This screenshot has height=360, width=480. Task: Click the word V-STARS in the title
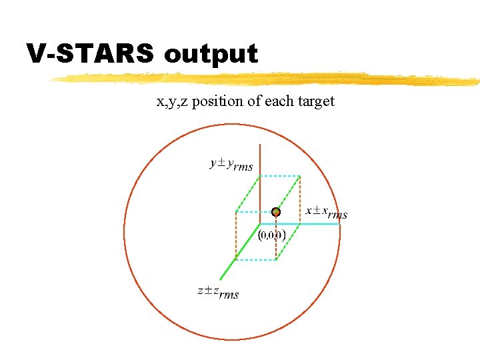pyautogui.click(x=91, y=53)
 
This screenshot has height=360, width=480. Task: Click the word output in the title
pyautogui.click(x=211, y=53)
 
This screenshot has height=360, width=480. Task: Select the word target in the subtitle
pyautogui.click(x=313, y=102)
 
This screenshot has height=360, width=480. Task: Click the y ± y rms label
pyautogui.click(x=231, y=164)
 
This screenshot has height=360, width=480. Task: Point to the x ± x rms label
pyautogui.click(x=327, y=213)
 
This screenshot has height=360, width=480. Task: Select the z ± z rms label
pyautogui.click(x=218, y=292)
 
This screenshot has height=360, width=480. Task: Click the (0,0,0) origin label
pyautogui.click(x=271, y=235)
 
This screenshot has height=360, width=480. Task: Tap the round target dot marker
pyautogui.click(x=276, y=212)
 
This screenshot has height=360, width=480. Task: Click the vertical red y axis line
pyautogui.click(x=260, y=173)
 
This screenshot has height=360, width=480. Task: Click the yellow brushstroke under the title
pyautogui.click(x=267, y=79)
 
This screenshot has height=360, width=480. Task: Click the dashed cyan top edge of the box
pyautogui.click(x=280, y=176)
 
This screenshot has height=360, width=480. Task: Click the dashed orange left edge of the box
pyautogui.click(x=235, y=233)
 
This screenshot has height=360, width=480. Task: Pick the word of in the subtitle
pyautogui.click(x=255, y=102)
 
